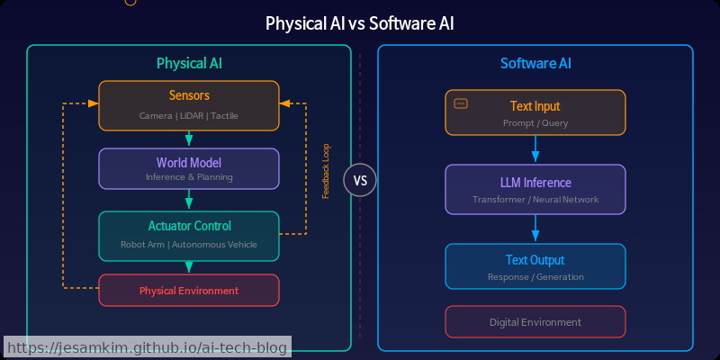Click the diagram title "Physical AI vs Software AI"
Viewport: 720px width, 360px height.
[x=359, y=22]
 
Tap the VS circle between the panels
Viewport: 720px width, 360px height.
[x=360, y=180]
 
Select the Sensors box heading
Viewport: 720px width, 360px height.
[x=189, y=96]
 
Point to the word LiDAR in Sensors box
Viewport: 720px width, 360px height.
[x=189, y=116]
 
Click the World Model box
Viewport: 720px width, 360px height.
[x=189, y=168]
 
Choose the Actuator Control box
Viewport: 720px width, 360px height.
[x=189, y=234]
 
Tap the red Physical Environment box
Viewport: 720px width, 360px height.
[x=189, y=291]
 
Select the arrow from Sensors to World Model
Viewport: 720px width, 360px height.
[x=189, y=139]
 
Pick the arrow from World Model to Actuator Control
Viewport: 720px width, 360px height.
[x=189, y=200]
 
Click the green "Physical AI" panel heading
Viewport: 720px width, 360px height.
[x=189, y=64]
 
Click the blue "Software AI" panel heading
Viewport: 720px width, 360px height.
[x=535, y=64]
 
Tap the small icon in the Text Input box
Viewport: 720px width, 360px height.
[x=461, y=103]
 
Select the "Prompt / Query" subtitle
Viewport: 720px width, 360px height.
[x=535, y=122]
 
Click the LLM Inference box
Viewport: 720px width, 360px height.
[x=535, y=189]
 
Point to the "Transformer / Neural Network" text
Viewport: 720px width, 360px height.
[x=535, y=200]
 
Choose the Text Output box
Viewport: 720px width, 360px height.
[x=535, y=266]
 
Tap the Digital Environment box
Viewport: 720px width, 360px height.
[x=535, y=322]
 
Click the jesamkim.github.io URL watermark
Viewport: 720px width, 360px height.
[x=147, y=347]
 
